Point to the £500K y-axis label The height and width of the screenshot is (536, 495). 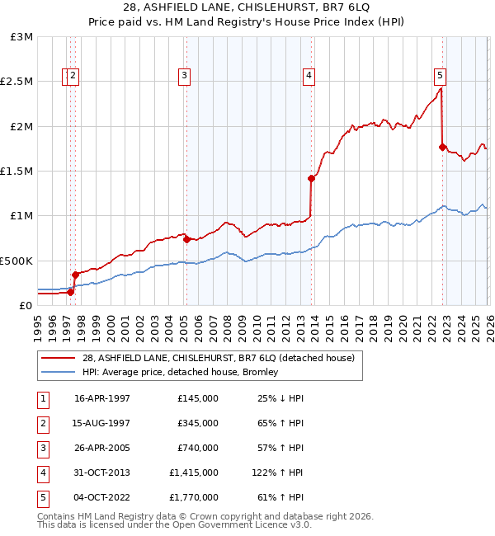(x=17, y=261)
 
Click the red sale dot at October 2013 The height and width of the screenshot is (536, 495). (x=311, y=178)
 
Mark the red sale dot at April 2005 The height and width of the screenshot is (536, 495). (x=186, y=239)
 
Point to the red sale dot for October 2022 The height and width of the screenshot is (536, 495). (x=442, y=147)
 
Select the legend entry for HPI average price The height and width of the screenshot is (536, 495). (x=179, y=372)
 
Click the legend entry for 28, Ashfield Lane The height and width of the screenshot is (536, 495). (x=218, y=358)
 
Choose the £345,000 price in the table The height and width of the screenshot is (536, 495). (x=198, y=423)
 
